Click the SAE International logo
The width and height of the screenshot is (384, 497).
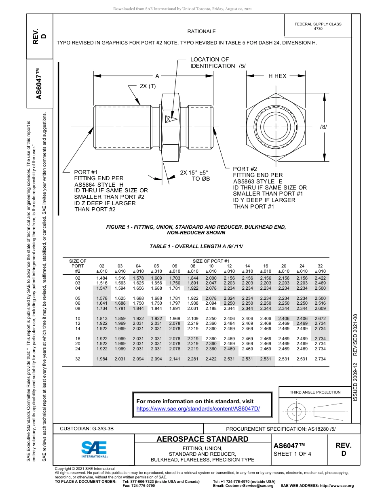click(94, 449)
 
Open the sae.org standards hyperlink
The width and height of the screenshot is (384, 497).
click(198, 409)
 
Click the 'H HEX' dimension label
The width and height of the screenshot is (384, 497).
click(277, 76)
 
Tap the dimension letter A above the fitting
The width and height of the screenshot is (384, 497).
click(157, 76)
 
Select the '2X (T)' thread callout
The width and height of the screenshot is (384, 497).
click(148, 86)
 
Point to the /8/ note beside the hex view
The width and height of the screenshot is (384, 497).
click(323, 127)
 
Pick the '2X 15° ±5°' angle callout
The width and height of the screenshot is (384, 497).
click(194, 173)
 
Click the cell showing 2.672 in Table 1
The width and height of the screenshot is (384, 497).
click(320, 319)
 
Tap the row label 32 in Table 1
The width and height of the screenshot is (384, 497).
click(78, 359)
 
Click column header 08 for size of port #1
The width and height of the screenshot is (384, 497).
click(193, 266)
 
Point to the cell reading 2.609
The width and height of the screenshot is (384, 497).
click(320, 308)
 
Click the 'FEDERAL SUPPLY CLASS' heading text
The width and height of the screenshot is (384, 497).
click(318, 24)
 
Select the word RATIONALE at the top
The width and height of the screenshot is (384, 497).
click(202, 32)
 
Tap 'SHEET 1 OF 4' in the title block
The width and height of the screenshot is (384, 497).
click(293, 454)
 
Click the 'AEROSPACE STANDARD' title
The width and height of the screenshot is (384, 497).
click(203, 439)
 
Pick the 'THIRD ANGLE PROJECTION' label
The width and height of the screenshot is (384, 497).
click(315, 392)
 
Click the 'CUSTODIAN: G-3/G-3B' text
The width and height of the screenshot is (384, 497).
click(87, 428)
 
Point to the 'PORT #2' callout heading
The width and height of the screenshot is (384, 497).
click(245, 169)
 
